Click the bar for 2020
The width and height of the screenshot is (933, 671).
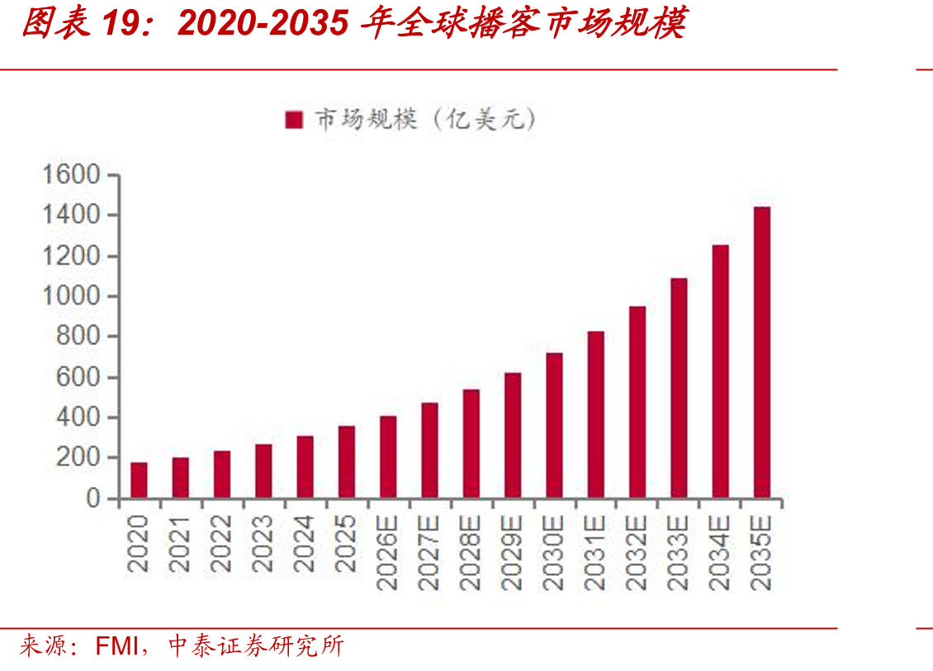(x=140, y=480)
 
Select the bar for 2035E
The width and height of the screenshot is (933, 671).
(x=761, y=352)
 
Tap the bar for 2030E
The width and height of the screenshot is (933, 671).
(x=554, y=425)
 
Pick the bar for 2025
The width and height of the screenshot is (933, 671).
(x=347, y=461)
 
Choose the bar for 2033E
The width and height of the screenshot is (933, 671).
(x=679, y=388)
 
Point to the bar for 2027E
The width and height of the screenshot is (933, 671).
(x=429, y=451)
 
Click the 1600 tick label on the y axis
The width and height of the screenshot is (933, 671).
(x=71, y=175)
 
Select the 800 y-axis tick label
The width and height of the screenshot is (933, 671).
(x=78, y=336)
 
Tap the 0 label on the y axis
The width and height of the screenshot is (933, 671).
(x=92, y=498)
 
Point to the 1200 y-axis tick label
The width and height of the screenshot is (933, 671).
(x=71, y=256)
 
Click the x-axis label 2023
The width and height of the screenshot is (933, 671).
(x=263, y=544)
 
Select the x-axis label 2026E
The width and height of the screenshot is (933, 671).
(x=388, y=553)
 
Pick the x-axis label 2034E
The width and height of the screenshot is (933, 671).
(x=720, y=553)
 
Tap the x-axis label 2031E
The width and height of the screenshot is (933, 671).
(x=595, y=553)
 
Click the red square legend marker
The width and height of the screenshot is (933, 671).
(x=294, y=120)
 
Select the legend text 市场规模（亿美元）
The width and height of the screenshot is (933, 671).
(x=425, y=119)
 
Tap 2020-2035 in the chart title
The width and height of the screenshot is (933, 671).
(x=263, y=23)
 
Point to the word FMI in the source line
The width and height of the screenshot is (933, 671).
(x=116, y=646)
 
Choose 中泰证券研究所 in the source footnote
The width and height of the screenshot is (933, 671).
(x=257, y=646)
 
